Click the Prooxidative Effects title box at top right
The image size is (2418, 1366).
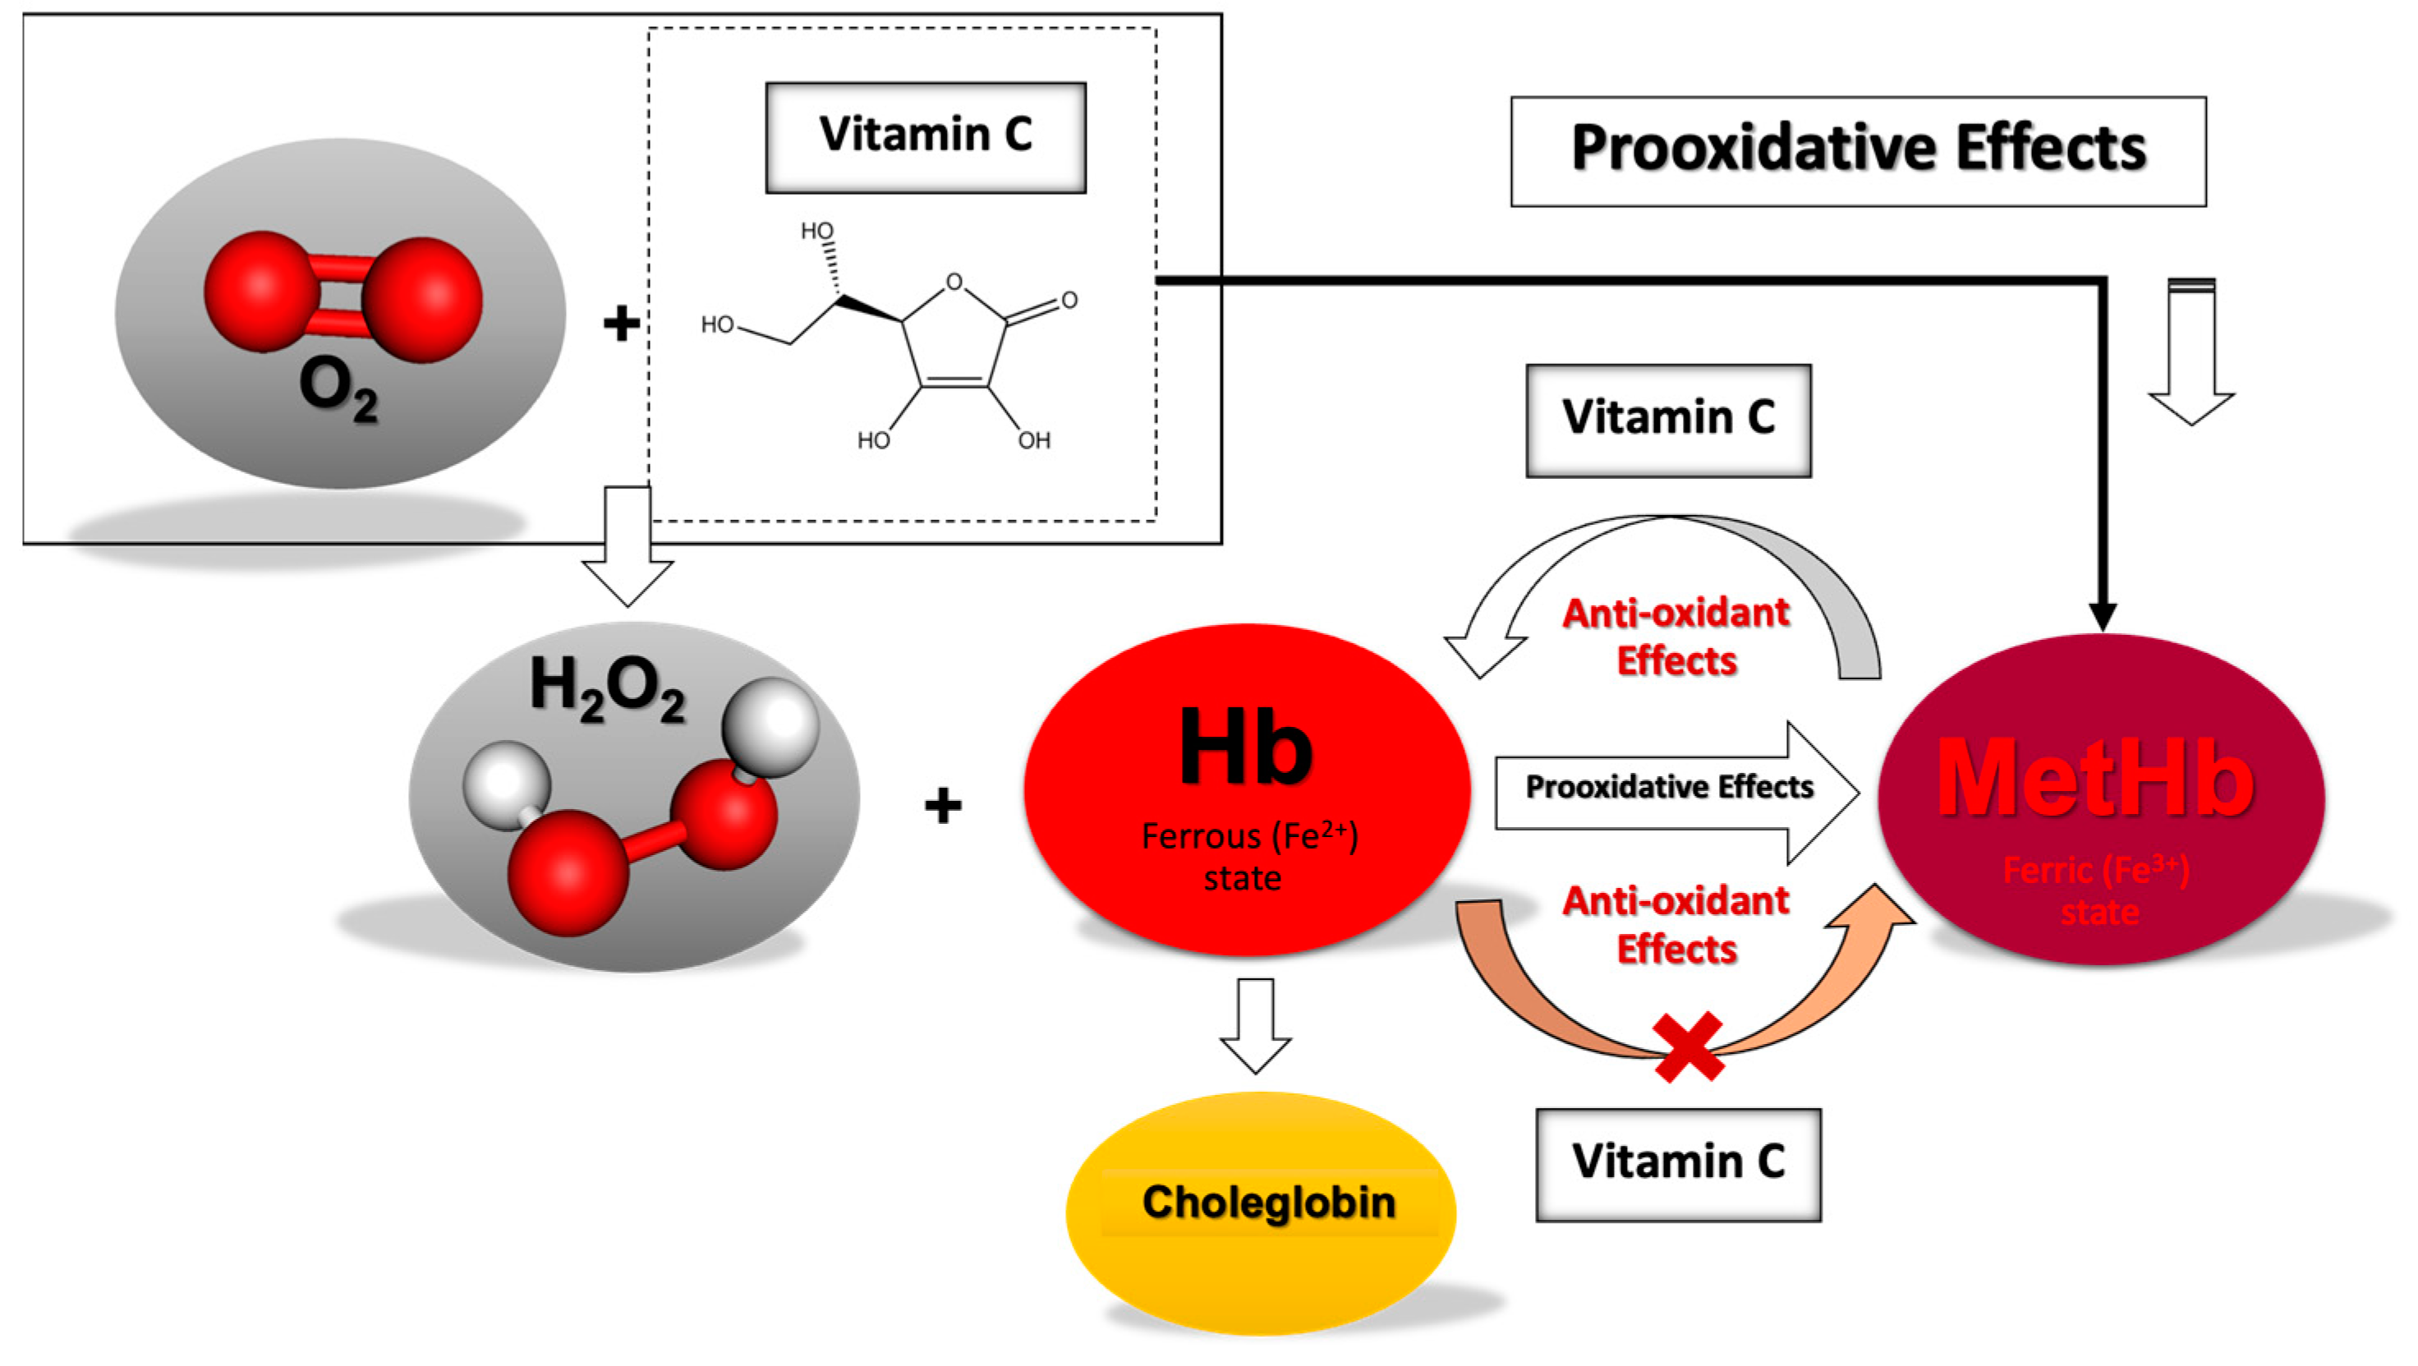(1858, 150)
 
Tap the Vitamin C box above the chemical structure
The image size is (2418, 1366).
(926, 136)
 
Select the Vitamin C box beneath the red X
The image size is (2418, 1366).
(1678, 1163)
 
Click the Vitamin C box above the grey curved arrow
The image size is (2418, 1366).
(1668, 419)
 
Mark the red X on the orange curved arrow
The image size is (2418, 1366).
(1689, 1046)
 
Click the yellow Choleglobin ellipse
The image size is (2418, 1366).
(1261, 1211)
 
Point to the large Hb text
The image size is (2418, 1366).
(1246, 748)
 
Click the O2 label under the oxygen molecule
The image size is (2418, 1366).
(338, 388)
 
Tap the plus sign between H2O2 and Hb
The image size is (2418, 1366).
(942, 806)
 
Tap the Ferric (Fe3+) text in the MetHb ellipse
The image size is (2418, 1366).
(2096, 872)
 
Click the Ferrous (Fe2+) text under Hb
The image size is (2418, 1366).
(1249, 836)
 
